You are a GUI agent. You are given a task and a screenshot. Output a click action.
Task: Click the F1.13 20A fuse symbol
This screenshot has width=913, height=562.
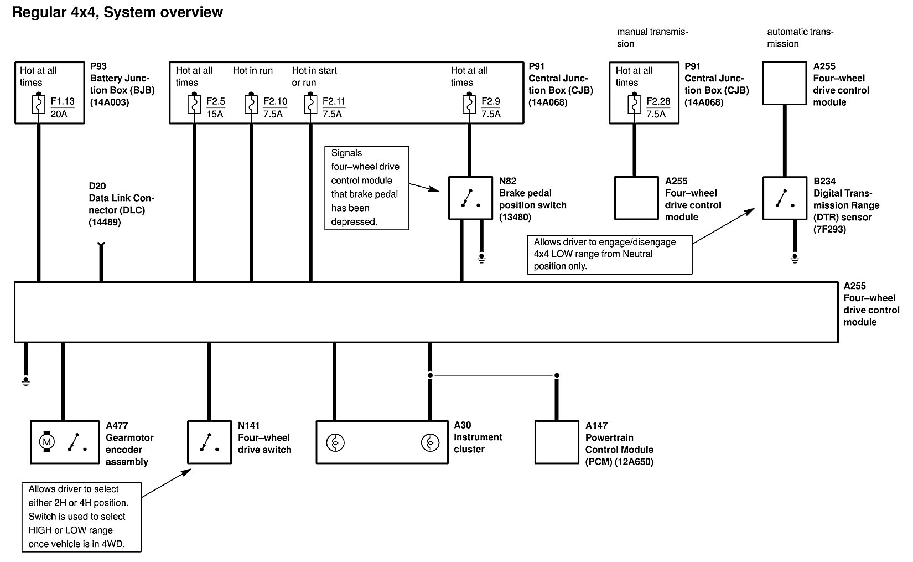tap(38, 105)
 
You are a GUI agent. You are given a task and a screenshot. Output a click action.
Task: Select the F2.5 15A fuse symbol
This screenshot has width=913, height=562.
tap(194, 105)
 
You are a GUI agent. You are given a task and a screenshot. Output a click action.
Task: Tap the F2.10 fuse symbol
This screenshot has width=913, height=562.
tap(251, 105)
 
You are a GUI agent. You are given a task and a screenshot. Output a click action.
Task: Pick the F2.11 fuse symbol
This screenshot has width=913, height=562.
tap(310, 105)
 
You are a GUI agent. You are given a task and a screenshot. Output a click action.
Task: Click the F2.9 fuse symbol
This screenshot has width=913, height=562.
tap(469, 105)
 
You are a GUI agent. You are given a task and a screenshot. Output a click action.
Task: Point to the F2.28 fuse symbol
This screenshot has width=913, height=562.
tap(634, 105)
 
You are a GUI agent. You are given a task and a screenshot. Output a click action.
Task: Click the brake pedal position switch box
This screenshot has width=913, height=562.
tap(470, 198)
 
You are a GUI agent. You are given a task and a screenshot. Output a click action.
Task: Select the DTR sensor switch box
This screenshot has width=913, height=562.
tap(785, 198)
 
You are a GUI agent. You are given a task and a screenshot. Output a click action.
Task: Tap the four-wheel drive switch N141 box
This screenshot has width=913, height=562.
tap(209, 442)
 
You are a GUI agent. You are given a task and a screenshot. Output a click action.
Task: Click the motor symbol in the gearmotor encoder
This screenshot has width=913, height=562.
tap(47, 441)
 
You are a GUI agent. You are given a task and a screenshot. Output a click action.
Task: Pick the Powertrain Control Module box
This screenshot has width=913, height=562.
tap(557, 442)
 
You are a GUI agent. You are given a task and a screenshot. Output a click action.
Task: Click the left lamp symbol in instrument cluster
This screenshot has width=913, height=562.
tap(335, 442)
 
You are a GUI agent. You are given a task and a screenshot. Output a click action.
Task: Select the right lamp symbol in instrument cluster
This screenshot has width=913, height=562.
tap(430, 442)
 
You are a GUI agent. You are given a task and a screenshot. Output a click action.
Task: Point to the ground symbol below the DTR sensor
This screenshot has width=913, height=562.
tap(795, 259)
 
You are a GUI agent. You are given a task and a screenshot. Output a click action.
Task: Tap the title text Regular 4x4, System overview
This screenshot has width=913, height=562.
tap(117, 12)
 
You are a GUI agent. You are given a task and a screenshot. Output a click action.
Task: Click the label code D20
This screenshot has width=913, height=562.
tap(97, 186)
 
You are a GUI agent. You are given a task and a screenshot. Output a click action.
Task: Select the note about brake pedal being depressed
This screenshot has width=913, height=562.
tap(366, 188)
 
